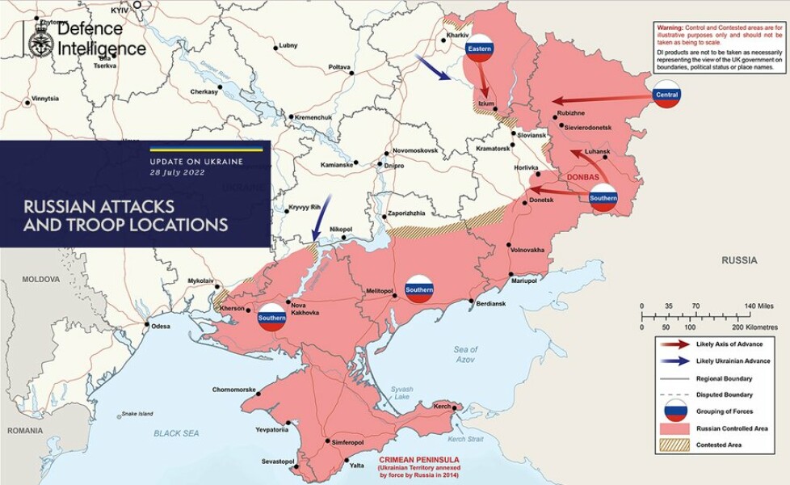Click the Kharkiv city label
click(x=457, y=36)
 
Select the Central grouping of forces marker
click(x=667, y=95)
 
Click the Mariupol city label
click(x=523, y=280)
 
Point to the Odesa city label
click(x=161, y=326)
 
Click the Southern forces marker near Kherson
click(x=272, y=318)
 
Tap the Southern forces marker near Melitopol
click(x=419, y=289)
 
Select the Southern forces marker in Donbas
click(x=603, y=197)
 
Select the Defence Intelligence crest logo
click(x=40, y=39)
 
